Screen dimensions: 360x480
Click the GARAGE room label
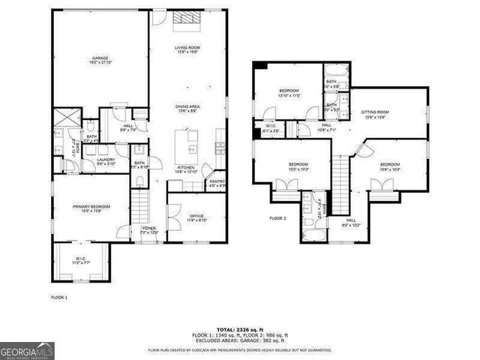(100, 59)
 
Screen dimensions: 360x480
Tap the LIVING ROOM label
(186, 49)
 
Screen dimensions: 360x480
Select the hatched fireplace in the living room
(185, 19)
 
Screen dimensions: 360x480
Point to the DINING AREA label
(186, 108)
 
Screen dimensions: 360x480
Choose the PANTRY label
(217, 182)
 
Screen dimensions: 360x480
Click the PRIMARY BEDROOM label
(91, 208)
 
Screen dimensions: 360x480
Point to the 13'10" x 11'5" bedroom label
(289, 93)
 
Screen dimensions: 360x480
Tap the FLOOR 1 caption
(59, 298)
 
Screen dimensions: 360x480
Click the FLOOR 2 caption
(278, 219)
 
